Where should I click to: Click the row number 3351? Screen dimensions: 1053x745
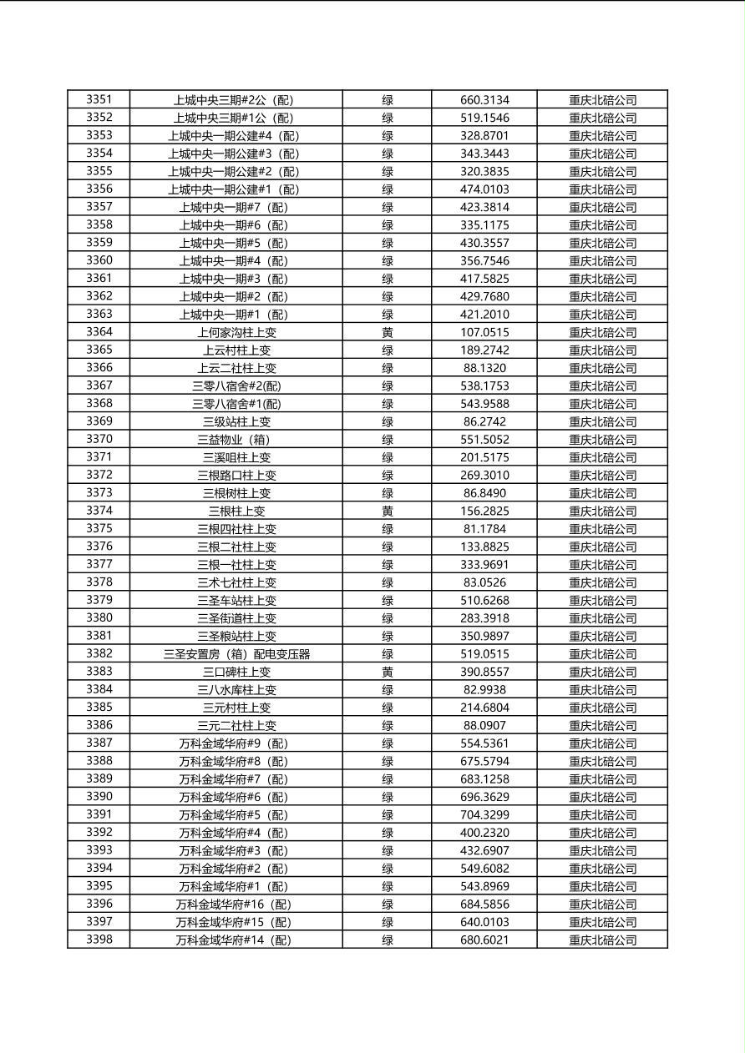coord(99,100)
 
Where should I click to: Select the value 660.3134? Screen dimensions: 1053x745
coord(484,100)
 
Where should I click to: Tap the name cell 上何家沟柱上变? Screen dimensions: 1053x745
coord(236,333)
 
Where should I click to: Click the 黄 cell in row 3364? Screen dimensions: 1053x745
coord(388,333)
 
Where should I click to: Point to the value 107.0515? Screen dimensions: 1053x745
coord(484,333)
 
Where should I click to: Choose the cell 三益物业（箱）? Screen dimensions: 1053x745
coord(236,440)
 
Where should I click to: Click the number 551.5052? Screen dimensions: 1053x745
coord(484,440)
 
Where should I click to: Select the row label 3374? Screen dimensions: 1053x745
coord(99,511)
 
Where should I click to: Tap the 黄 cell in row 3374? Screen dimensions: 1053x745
coord(388,511)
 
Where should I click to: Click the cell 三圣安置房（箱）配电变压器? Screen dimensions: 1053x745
coord(236,654)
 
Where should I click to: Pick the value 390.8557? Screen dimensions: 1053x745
coord(484,672)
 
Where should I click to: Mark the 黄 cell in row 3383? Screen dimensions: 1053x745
coord(388,672)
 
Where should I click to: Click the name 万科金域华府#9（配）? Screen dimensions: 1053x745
coord(236,743)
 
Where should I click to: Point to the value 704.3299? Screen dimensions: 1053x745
coord(484,815)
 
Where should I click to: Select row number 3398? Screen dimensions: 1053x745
coord(99,940)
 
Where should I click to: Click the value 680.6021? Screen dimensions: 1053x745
coord(484,940)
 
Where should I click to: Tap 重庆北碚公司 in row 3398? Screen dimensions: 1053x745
coord(602,940)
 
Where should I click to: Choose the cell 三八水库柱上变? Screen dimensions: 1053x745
coord(236,690)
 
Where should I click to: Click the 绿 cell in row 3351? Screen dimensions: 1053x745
coord(388,100)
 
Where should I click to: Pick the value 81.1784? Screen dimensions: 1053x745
coord(484,529)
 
